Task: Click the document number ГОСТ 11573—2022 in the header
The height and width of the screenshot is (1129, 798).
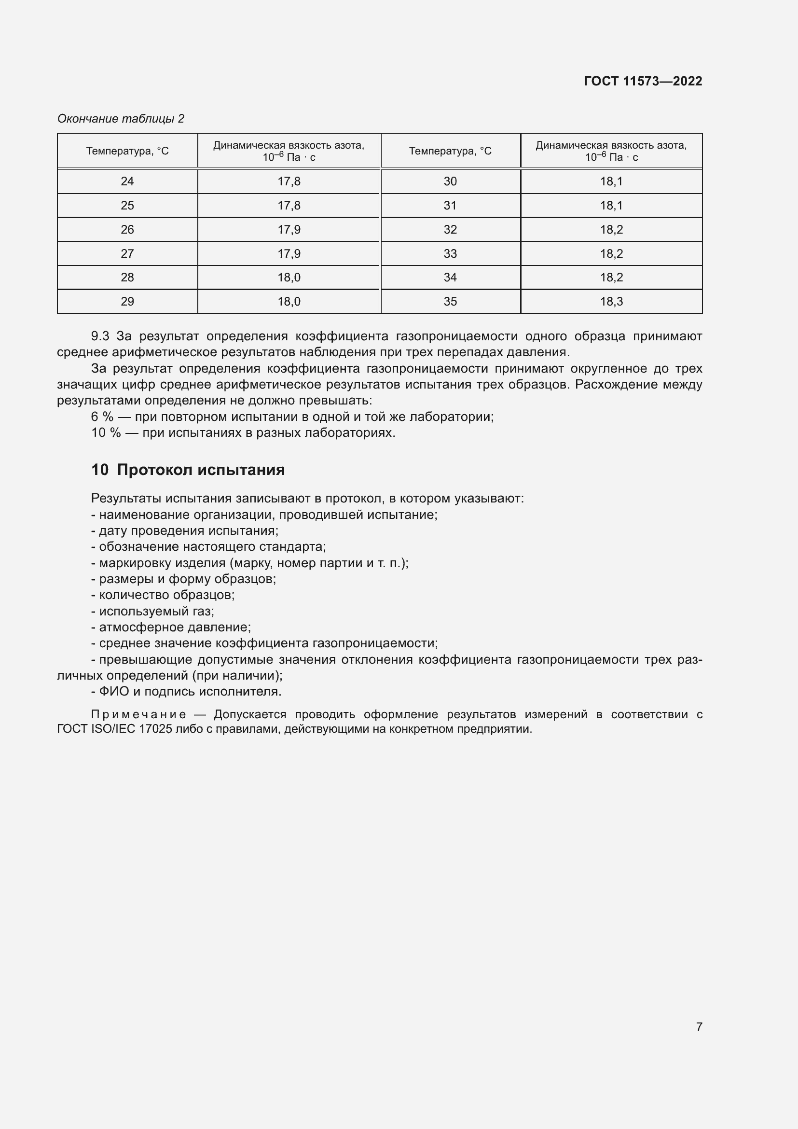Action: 643,81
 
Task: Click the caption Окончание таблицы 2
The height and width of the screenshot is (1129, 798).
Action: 121,119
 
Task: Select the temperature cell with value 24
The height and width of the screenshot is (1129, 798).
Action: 127,181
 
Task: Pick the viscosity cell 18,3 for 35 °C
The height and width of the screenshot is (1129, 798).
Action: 611,301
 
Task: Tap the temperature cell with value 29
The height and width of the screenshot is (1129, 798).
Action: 127,301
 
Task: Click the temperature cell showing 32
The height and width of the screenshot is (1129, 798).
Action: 450,230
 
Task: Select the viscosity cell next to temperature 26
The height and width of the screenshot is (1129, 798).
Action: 289,230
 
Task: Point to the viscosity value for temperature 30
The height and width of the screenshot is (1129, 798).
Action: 611,181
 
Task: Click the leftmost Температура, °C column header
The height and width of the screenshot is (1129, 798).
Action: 127,151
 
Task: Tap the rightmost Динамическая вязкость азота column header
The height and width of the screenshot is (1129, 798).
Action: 611,151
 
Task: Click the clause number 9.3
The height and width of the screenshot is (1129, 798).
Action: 100,336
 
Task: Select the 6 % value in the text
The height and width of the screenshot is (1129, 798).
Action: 102,417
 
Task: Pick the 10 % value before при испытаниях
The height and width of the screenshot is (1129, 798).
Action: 106,432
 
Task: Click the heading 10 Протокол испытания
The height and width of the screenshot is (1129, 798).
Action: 188,470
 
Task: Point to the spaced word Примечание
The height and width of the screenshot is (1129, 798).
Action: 138,714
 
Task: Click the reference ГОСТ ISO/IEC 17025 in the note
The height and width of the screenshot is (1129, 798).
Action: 114,729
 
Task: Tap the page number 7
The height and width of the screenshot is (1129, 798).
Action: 699,1027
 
